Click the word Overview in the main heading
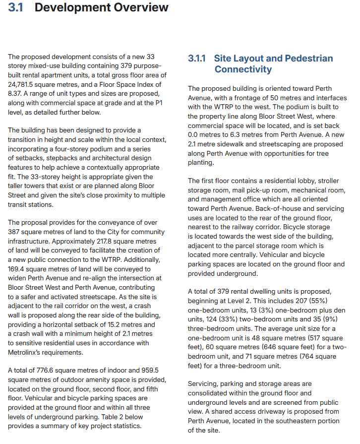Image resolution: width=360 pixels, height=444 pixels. pyautogui.click(x=130, y=7)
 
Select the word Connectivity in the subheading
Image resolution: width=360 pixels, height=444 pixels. pyautogui.click(x=243, y=69)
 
